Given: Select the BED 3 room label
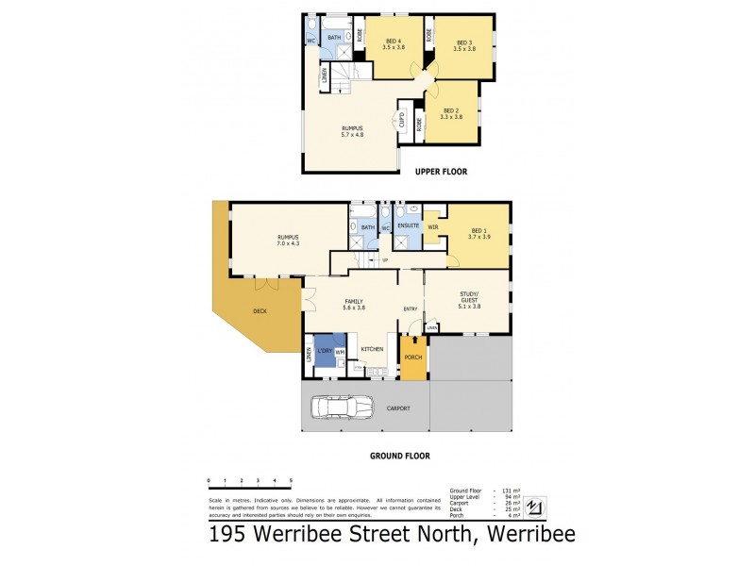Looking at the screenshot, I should [x=464, y=46].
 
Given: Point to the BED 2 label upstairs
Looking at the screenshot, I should [x=452, y=113].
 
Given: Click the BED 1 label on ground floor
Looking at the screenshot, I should [x=478, y=234].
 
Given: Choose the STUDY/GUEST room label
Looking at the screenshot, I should [x=469, y=302].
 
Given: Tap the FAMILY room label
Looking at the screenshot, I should [x=354, y=305].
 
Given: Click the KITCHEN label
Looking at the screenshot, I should [x=370, y=349].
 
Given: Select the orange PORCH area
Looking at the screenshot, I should [x=412, y=358].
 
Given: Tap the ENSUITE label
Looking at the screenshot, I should [x=408, y=226].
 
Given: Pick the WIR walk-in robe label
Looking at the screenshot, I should [x=433, y=226].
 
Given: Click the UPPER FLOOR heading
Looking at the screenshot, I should [x=444, y=172].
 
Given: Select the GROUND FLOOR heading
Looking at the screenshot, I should [x=399, y=456].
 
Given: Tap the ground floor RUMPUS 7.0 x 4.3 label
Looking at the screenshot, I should [x=289, y=241].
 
